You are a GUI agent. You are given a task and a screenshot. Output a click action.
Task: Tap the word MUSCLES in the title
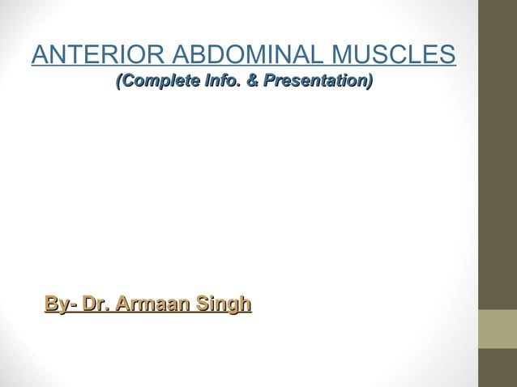point(395,56)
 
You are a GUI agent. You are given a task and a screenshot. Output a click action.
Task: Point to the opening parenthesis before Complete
point(120,82)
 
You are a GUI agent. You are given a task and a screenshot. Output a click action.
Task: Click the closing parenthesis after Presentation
point(370,82)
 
